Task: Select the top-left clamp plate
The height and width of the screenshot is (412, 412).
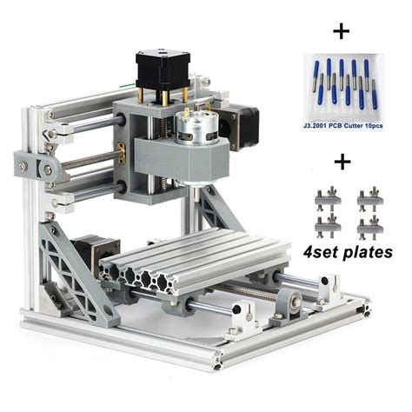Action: [x=328, y=198]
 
